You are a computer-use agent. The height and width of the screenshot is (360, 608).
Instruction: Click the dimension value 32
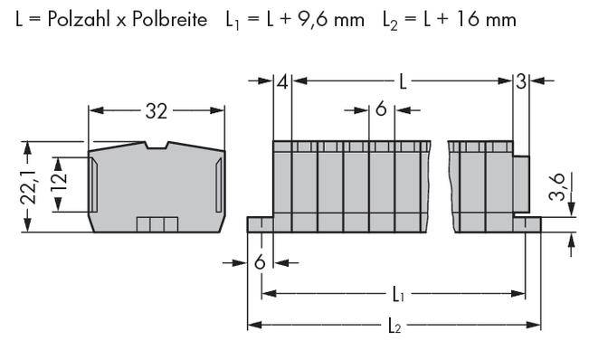coord(156,112)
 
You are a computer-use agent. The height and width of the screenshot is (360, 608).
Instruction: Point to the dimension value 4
coord(283,83)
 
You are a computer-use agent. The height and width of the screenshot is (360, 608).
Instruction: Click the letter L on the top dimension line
coord(404,83)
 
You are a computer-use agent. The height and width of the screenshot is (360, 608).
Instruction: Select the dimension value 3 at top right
coord(521,83)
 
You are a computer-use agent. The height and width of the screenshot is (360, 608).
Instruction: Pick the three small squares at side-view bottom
coord(151,223)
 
